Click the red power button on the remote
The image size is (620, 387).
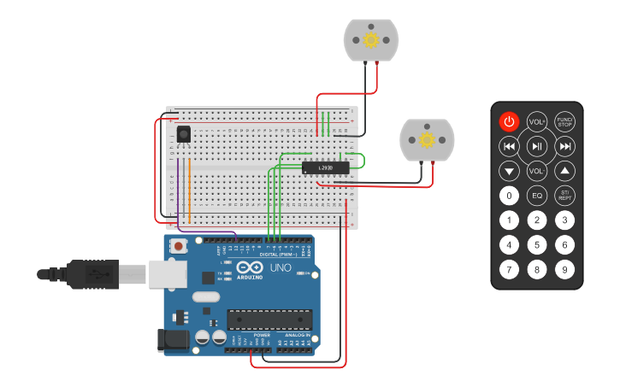(x=509, y=121)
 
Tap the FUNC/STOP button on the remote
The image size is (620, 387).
(x=564, y=121)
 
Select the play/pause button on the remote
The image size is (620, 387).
(x=537, y=146)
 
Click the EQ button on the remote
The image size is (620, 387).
(x=537, y=196)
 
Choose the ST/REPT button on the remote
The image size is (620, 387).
(x=564, y=196)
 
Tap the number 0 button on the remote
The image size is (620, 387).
(x=509, y=196)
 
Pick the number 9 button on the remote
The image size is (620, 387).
(x=564, y=270)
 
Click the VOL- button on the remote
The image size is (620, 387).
(x=537, y=171)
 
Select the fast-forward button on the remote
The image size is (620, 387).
(x=564, y=146)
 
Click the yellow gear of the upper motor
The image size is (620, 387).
(x=371, y=40)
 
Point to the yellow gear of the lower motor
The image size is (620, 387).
(x=427, y=139)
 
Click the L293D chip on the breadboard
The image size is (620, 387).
(x=326, y=167)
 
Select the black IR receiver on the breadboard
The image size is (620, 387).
(x=183, y=134)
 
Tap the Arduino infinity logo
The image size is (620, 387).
(x=249, y=269)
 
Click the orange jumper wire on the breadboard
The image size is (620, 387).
(x=190, y=188)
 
